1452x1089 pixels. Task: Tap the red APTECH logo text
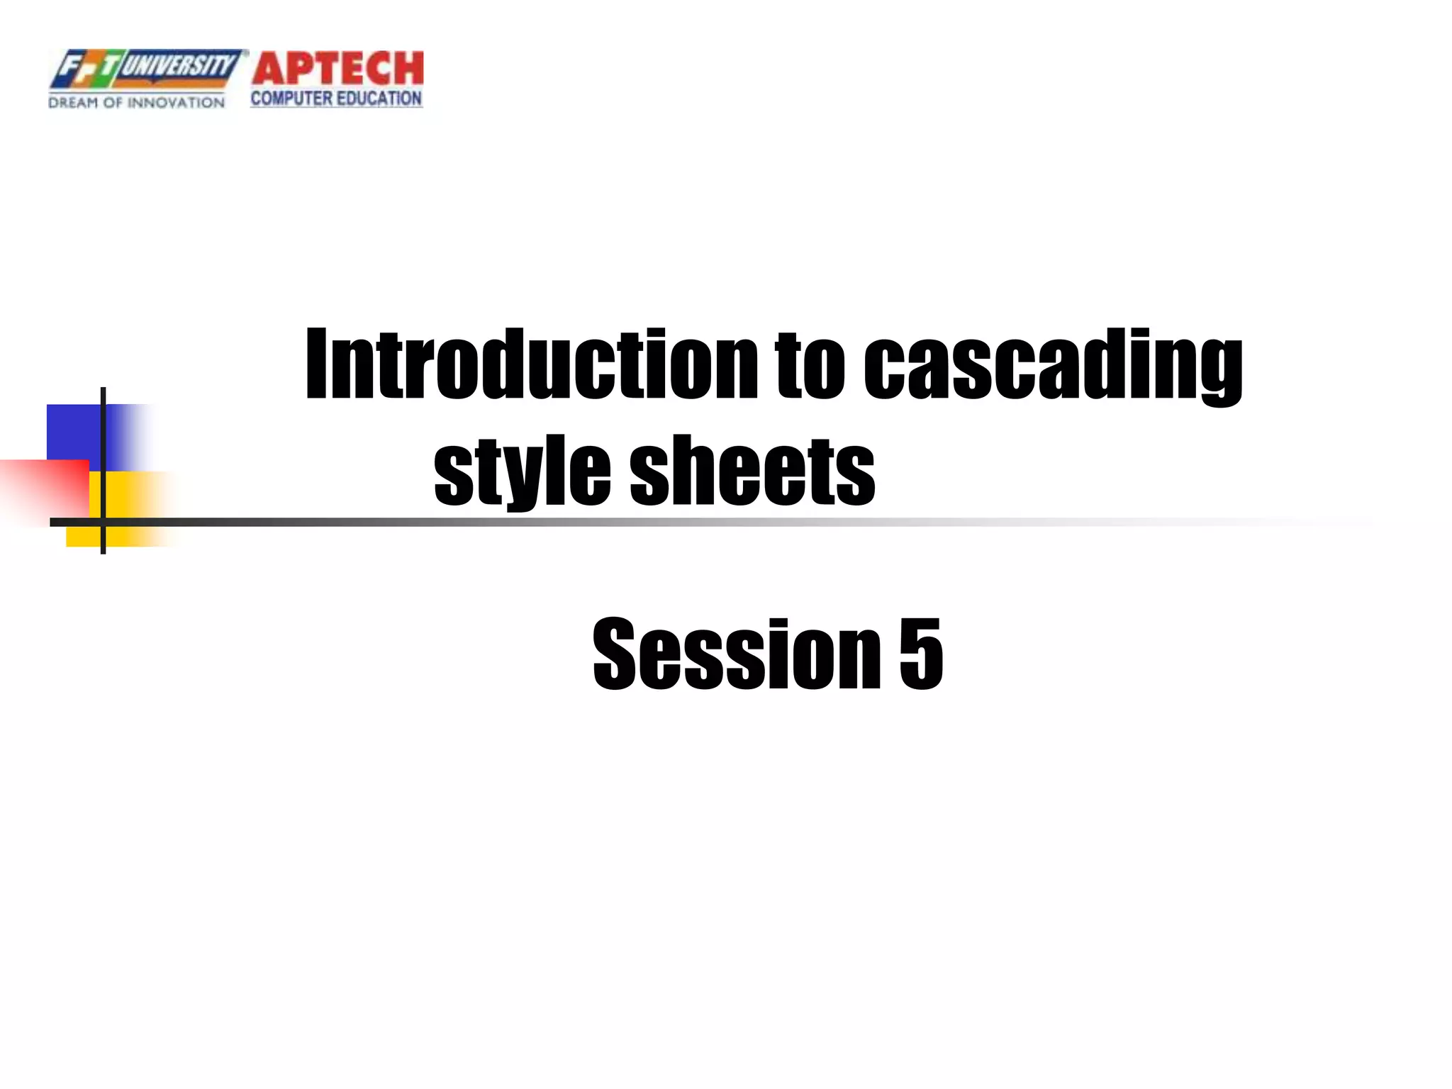pyautogui.click(x=337, y=69)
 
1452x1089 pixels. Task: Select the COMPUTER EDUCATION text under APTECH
pyautogui.click(x=336, y=99)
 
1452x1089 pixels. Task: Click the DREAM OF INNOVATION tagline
pyautogui.click(x=136, y=103)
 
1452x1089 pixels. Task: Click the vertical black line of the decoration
pyautogui.click(x=104, y=425)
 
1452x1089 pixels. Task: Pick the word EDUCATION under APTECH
pyautogui.click(x=379, y=99)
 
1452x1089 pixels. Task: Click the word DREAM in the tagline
pyautogui.click(x=73, y=103)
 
